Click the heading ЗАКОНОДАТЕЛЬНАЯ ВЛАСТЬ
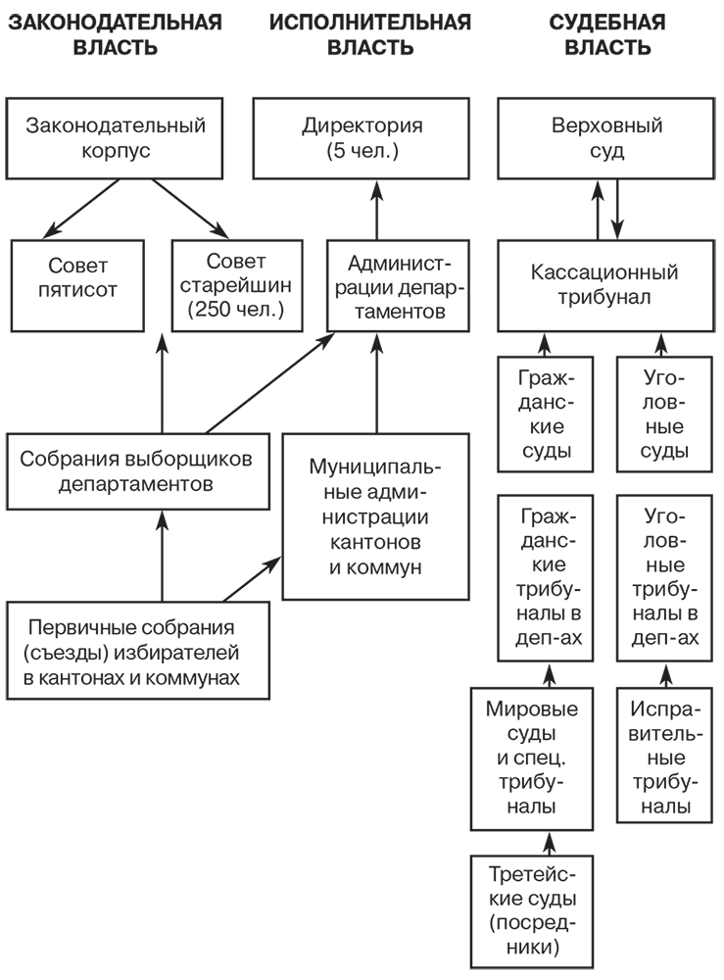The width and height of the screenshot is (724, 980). click(115, 34)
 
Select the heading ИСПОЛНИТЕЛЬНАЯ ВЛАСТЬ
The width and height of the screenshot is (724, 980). click(369, 34)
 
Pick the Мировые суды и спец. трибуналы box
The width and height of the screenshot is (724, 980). click(536, 757)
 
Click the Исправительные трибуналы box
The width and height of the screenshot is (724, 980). click(665, 757)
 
